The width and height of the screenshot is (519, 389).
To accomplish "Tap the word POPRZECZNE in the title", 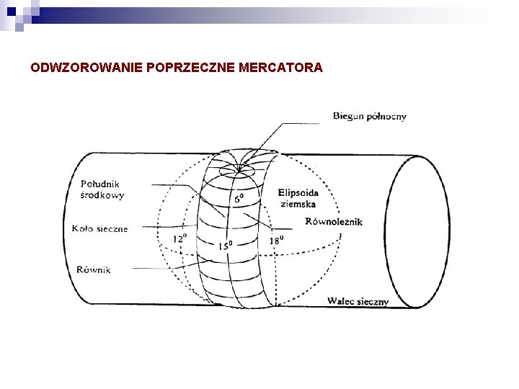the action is click(x=187, y=68).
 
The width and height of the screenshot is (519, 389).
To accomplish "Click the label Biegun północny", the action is click(x=370, y=117).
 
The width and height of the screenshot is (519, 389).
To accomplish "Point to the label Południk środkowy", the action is click(x=102, y=189).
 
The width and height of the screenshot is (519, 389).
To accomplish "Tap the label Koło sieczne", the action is click(x=99, y=229).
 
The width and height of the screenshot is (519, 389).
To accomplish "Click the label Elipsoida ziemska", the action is click(x=298, y=198).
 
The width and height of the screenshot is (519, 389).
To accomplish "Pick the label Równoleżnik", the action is click(x=334, y=222).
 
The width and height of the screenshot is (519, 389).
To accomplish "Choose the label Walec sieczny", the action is click(x=358, y=301).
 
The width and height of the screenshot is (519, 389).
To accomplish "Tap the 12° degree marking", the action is click(x=179, y=237).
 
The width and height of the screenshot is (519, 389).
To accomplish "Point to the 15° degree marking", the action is click(x=226, y=246).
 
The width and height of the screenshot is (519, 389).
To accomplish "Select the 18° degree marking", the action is click(x=276, y=240).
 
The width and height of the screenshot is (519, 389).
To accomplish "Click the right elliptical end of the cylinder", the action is click(x=426, y=231).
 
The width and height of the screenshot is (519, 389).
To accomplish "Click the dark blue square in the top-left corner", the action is click(x=10, y=10).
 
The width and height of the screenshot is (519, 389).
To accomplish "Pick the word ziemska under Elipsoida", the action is click(x=296, y=204).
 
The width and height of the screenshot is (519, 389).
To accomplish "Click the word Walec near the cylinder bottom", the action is click(x=341, y=301).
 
